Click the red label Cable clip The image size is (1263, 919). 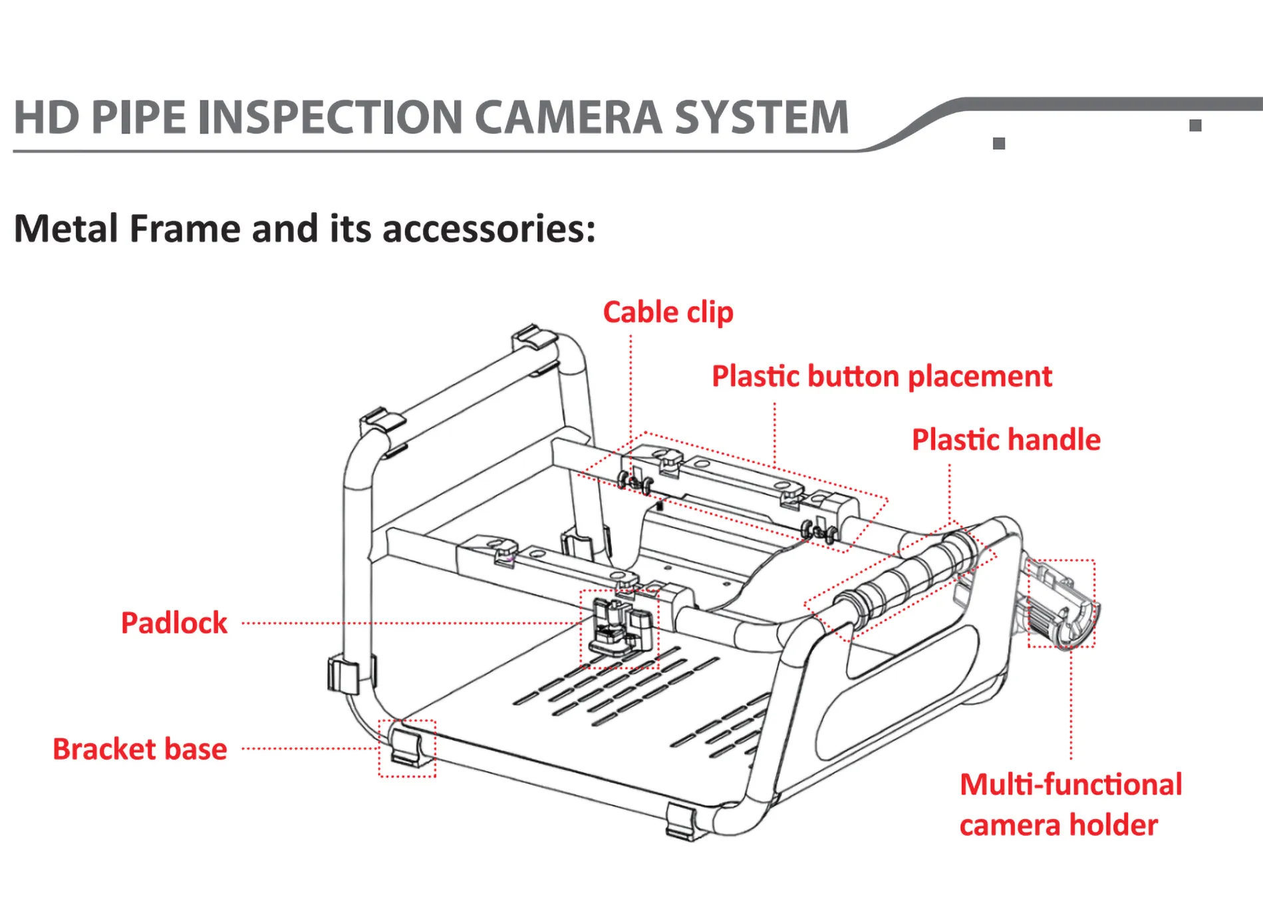[668, 312]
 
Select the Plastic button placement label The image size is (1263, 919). [882, 377]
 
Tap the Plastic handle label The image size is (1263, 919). [1006, 440]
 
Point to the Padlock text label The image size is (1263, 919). [174, 623]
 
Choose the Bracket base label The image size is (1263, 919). [140, 749]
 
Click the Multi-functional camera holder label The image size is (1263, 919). [1070, 804]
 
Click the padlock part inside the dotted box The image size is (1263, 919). [618, 629]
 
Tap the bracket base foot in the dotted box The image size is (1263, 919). [406, 748]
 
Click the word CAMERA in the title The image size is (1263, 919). [569, 118]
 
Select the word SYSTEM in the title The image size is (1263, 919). [762, 118]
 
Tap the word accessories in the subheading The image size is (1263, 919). [489, 229]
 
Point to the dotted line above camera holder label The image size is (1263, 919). [1071, 705]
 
